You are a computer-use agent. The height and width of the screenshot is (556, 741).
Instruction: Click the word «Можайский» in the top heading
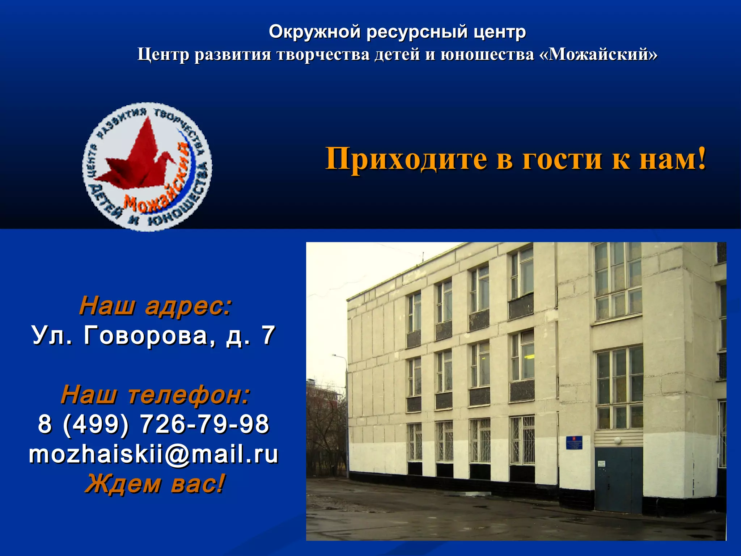598,54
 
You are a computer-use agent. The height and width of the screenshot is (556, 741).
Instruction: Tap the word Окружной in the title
314,31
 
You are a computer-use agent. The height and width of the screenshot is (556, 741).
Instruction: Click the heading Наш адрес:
155,306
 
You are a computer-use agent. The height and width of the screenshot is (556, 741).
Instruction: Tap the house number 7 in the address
268,336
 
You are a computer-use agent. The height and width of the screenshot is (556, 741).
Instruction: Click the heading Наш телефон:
155,395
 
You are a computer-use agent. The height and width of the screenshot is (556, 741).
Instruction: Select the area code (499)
96,424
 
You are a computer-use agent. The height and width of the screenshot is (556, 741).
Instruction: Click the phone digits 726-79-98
204,424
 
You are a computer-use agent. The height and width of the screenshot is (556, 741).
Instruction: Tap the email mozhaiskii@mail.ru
154,454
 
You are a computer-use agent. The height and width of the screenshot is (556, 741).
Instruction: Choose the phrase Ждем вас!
155,484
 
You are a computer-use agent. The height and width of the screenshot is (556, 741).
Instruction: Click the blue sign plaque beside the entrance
574,442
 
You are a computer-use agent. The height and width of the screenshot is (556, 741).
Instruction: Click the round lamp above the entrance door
617,441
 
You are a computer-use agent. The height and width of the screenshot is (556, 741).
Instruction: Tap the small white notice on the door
601,463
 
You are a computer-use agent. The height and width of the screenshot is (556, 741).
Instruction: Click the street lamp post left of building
347,416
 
